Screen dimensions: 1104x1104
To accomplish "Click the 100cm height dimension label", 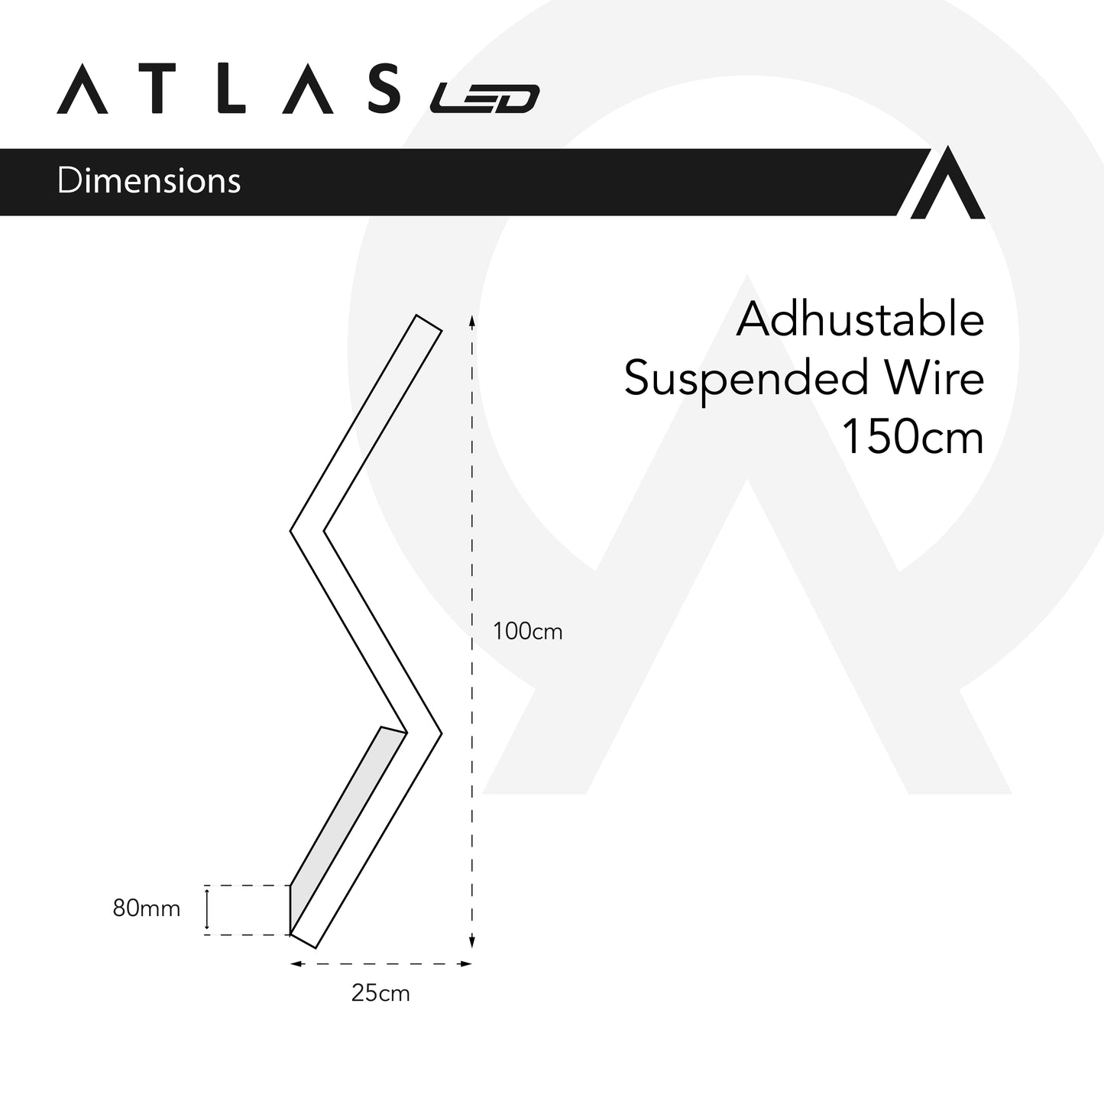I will click(x=527, y=632).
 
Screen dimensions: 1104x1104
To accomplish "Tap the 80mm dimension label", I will click(x=147, y=908).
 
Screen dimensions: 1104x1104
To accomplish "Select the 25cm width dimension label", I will click(x=380, y=993).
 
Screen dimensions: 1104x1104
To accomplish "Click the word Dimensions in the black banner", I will click(x=149, y=181).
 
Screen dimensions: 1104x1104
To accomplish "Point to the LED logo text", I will click(x=484, y=99).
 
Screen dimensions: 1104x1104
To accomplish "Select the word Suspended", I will click(x=746, y=378).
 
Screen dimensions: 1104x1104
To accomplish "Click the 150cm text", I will click(x=912, y=437).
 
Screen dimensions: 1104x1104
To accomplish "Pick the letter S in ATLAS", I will click(x=381, y=89).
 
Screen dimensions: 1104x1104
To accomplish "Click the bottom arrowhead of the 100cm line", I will click(x=472, y=943).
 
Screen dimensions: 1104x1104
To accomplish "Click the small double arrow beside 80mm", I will click(x=207, y=909).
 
